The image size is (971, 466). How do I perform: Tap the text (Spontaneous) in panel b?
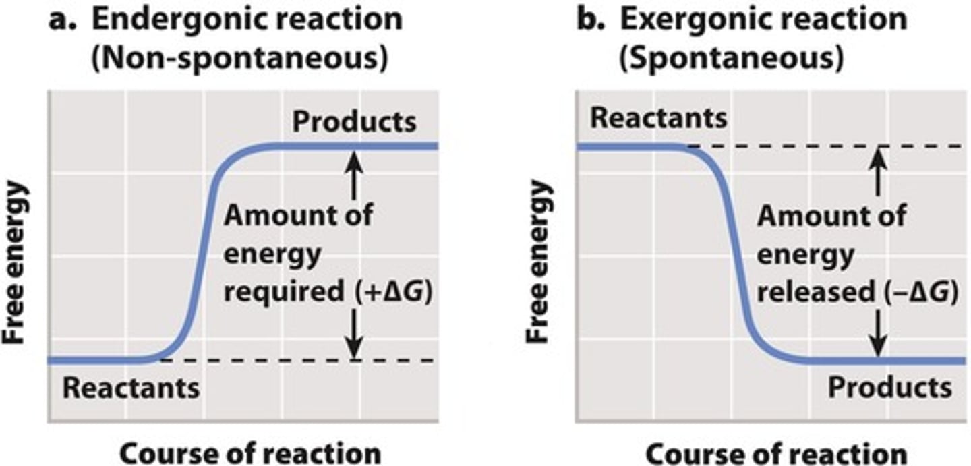[x=731, y=59]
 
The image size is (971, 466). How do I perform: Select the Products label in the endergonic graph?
[x=355, y=122]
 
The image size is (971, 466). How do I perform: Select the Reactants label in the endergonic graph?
[x=131, y=388]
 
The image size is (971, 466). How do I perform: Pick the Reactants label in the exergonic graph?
[x=659, y=118]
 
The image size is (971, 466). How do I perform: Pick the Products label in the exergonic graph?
[x=889, y=388]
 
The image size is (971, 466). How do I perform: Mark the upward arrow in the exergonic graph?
[x=877, y=171]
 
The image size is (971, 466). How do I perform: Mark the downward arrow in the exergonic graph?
[x=877, y=334]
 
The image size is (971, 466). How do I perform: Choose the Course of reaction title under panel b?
[x=776, y=454]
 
